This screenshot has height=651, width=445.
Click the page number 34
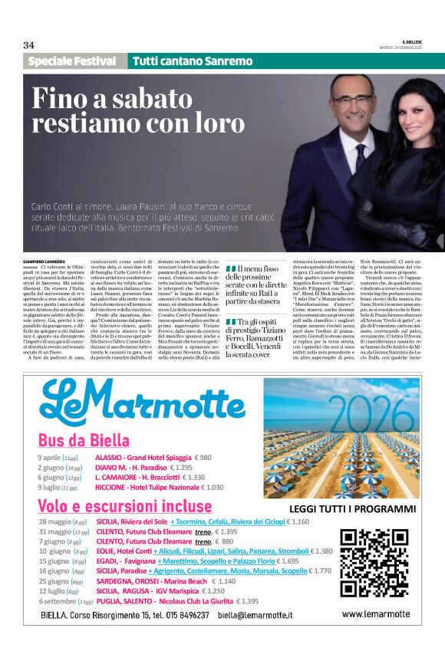click(x=29, y=44)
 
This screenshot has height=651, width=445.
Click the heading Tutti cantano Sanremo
click(x=192, y=61)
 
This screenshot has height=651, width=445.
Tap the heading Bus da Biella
click(x=84, y=441)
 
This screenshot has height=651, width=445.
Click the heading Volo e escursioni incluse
click(x=124, y=506)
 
